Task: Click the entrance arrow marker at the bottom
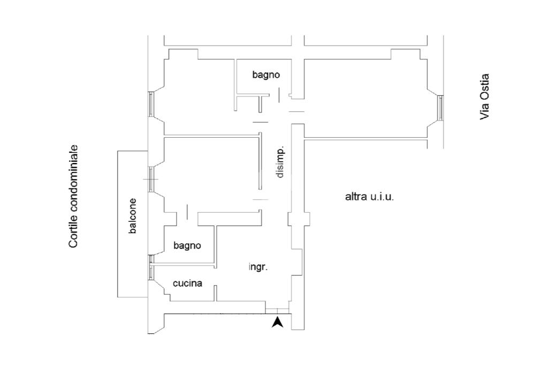pos(277,323)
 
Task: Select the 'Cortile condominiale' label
pos(73,196)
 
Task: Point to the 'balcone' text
pos(132,216)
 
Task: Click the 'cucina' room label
pos(187,283)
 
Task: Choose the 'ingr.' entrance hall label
pos(258,267)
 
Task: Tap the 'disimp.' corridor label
pos(280,162)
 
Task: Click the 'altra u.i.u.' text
pos(369,197)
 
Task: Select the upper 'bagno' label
pos(266,75)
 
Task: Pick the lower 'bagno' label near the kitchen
pos(187,245)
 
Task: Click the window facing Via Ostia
pos(440,107)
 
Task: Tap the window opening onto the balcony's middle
pos(151,178)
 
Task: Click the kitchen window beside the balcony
pos(151,267)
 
